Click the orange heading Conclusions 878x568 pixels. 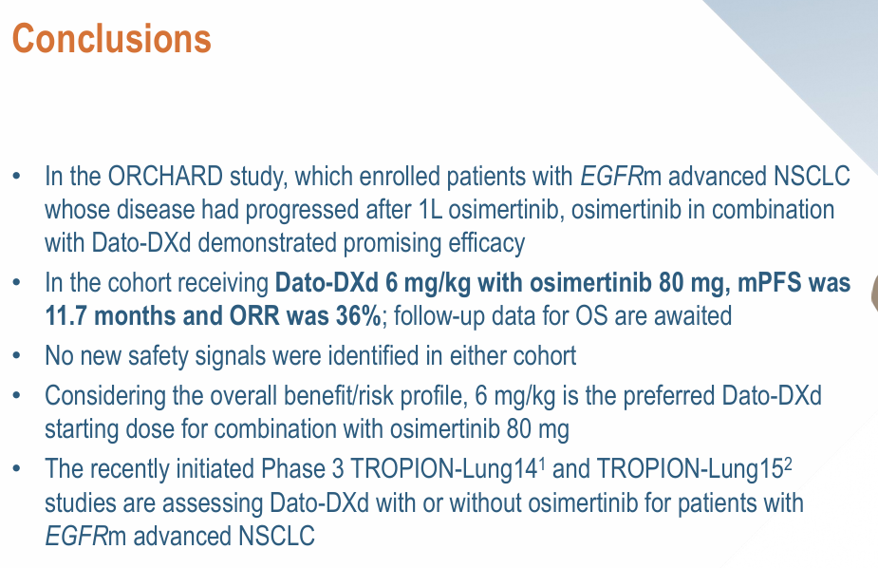111,39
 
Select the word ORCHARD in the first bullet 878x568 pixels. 165,177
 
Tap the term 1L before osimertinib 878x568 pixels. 430,210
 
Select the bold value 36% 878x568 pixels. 359,316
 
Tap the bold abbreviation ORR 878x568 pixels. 255,316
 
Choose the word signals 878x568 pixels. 225,356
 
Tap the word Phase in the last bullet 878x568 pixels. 293,469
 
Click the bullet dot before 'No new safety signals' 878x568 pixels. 16,356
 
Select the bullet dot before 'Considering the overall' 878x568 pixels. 16,396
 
